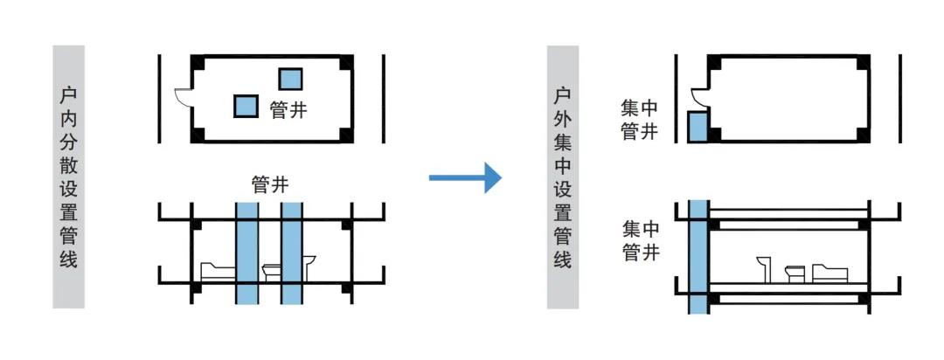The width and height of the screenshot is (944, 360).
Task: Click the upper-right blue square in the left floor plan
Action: click(x=291, y=79)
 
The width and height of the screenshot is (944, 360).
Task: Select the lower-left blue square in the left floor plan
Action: click(x=246, y=107)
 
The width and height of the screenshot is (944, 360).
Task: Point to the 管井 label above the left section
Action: click(x=269, y=184)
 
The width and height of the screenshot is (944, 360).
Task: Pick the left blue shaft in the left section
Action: click(x=246, y=253)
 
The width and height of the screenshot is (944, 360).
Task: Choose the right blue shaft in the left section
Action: click(x=291, y=253)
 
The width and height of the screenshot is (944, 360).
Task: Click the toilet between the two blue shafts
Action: click(x=269, y=272)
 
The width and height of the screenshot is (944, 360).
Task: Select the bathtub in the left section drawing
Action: click(x=215, y=271)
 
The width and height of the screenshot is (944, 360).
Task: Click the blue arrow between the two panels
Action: click(x=465, y=178)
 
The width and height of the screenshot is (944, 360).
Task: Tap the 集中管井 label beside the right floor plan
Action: click(x=639, y=121)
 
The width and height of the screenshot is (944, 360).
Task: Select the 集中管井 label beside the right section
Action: click(x=639, y=241)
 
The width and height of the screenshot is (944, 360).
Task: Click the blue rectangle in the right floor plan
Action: click(x=697, y=127)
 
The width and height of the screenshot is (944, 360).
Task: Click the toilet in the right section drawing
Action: click(x=795, y=273)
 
